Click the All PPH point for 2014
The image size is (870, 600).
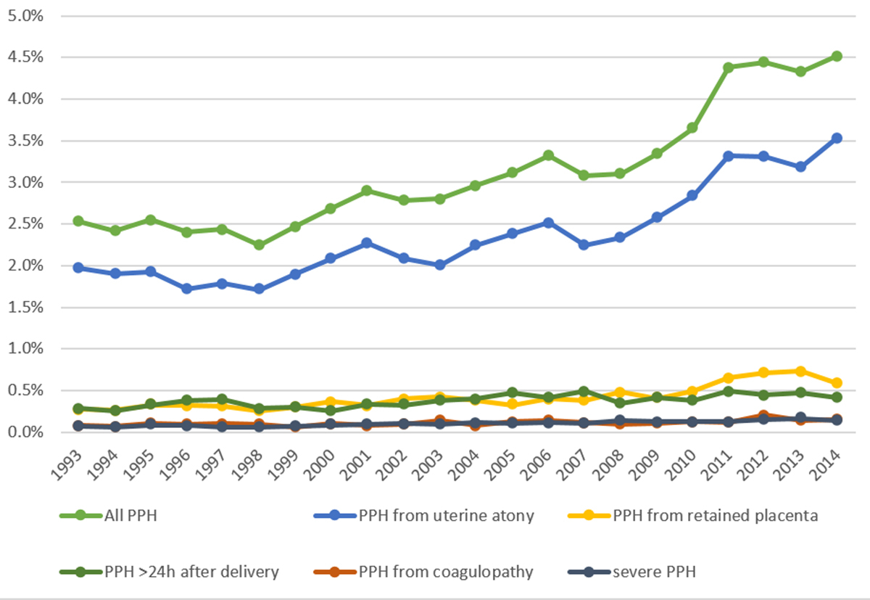pyautogui.click(x=836, y=56)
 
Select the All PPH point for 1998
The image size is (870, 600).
pyautogui.click(x=259, y=245)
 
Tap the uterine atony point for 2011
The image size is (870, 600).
pyautogui.click(x=728, y=156)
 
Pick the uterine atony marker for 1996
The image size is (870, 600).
pyautogui.click(x=187, y=289)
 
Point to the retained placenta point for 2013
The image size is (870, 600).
pyautogui.click(x=800, y=371)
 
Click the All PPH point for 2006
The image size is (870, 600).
pyautogui.click(x=547, y=155)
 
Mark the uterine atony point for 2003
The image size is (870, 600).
pyautogui.click(x=439, y=265)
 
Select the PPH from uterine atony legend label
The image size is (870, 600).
pyautogui.click(x=446, y=516)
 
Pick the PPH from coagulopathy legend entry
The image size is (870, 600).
pyautogui.click(x=446, y=572)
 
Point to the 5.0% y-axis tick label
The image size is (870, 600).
pyautogui.click(x=26, y=15)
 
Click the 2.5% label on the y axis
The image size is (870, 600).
pyautogui.click(x=26, y=223)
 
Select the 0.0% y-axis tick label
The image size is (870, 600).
pyautogui.click(x=26, y=432)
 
